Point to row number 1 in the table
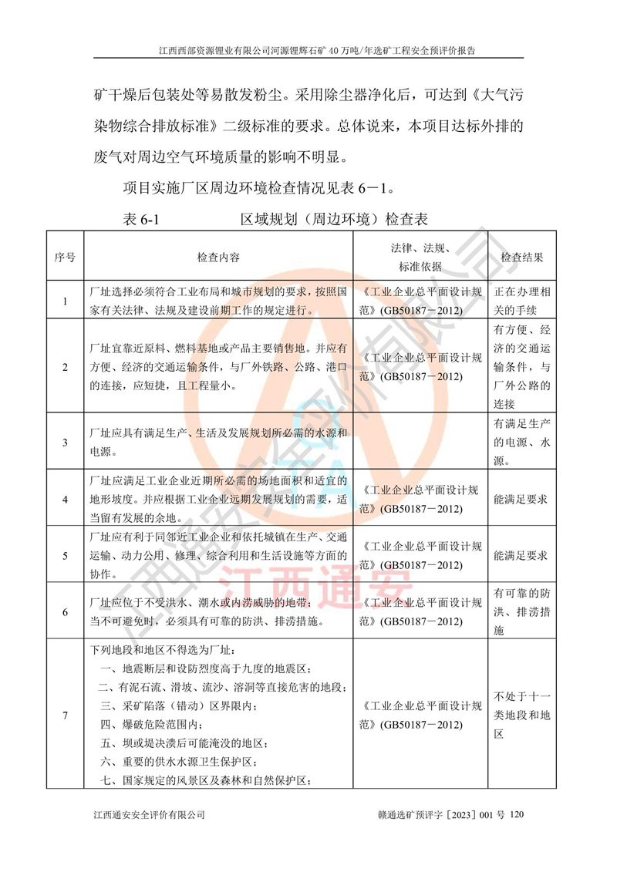[x=65, y=301]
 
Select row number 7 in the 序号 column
[x=65, y=716]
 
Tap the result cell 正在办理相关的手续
[x=522, y=301]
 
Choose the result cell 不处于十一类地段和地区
[x=522, y=715]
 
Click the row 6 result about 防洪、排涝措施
[x=522, y=611]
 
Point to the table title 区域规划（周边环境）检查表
[x=334, y=219]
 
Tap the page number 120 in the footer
[x=517, y=814]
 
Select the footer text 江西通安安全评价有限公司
[x=149, y=814]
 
